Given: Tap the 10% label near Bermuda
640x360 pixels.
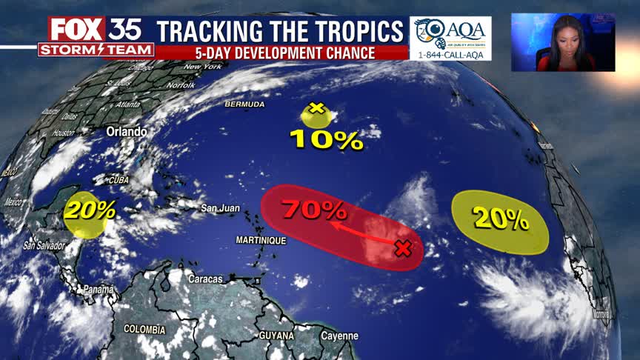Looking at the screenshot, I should point(326,139).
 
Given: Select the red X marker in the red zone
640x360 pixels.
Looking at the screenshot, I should point(402,248).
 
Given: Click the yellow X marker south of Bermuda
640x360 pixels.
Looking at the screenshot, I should point(317,109).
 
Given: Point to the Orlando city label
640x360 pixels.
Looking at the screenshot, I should point(127,131).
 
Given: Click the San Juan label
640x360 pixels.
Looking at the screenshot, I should point(220,208).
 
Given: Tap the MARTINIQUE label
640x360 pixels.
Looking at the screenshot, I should point(261,241).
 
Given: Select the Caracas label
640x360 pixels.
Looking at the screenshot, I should point(205,279).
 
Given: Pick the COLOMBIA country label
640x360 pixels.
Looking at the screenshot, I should point(144,329).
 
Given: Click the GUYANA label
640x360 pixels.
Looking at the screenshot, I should point(276,336).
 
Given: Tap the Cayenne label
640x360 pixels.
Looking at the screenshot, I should point(340,336).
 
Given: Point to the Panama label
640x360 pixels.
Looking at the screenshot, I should point(98,289).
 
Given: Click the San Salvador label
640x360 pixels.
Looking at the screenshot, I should point(45,245).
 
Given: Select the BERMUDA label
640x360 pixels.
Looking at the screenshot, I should point(245,104).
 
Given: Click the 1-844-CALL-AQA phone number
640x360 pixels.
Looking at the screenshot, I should point(450,54).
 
